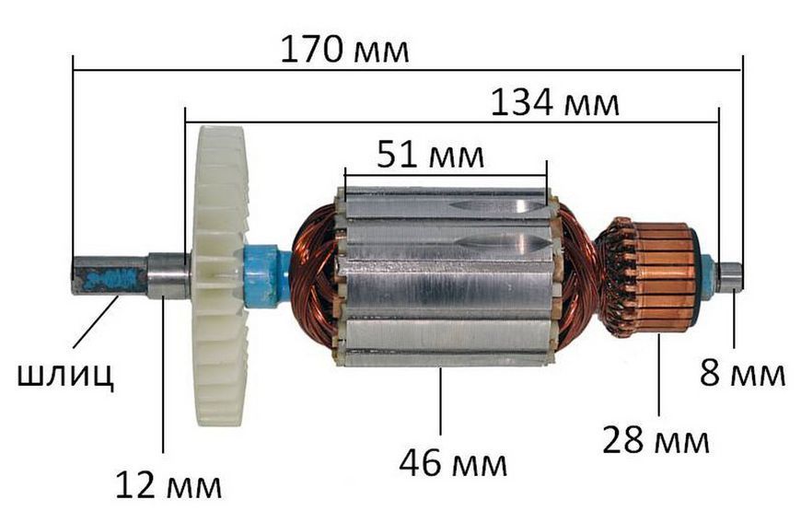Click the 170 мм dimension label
[x=345, y=50]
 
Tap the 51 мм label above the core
[x=430, y=155]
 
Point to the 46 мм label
[x=453, y=464]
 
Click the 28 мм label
[x=656, y=439]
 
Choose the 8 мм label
[x=742, y=373]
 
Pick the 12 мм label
[x=168, y=485]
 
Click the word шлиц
[x=66, y=376]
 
